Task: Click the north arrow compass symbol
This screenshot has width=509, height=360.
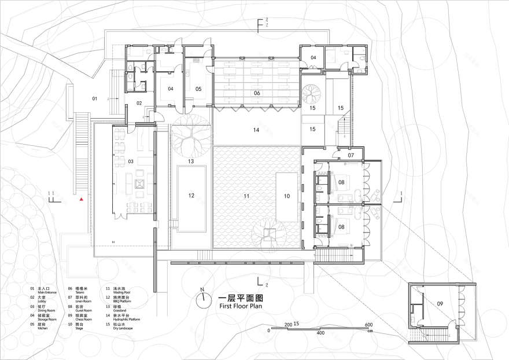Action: (202, 300)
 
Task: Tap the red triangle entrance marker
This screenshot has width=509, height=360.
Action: (82, 199)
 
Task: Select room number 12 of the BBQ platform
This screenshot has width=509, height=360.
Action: (191, 196)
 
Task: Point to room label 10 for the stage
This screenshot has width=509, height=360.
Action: (287, 196)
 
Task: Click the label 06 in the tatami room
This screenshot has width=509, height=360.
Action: (257, 93)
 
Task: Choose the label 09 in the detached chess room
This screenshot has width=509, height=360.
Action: (440, 303)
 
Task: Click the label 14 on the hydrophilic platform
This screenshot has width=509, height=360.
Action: (256, 130)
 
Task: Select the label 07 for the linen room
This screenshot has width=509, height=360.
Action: (351, 155)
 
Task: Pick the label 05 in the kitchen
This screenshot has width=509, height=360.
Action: (198, 89)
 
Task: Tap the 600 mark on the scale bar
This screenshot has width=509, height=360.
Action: (367, 324)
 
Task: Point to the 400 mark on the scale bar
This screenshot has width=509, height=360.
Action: (320, 334)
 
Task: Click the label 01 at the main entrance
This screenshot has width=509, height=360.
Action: (94, 99)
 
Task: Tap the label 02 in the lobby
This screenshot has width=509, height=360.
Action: (139, 102)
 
